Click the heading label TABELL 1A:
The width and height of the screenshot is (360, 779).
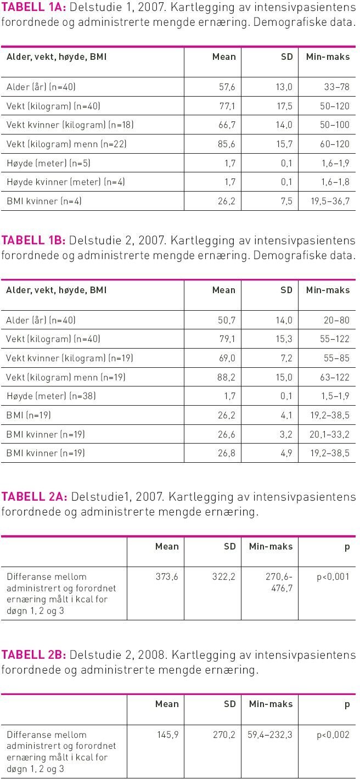[x=33, y=9]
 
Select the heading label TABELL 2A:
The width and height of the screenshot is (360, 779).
[x=33, y=497]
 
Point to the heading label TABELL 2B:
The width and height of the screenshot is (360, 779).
[x=33, y=655]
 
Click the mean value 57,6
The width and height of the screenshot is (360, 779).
[x=227, y=87]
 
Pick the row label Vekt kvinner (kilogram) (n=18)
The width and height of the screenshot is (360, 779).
[x=70, y=125]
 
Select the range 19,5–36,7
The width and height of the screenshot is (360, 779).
[x=330, y=201]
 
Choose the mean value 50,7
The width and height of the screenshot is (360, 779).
[x=227, y=321]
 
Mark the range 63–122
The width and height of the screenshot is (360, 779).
[x=335, y=378]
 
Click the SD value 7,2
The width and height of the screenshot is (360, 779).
[x=286, y=358]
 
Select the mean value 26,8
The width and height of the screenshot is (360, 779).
[x=227, y=453]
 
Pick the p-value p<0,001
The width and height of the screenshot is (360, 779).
[x=333, y=577]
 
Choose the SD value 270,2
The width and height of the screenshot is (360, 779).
[x=224, y=735]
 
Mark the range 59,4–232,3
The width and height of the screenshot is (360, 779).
[x=270, y=735]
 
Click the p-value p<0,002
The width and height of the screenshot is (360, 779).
[x=333, y=735]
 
